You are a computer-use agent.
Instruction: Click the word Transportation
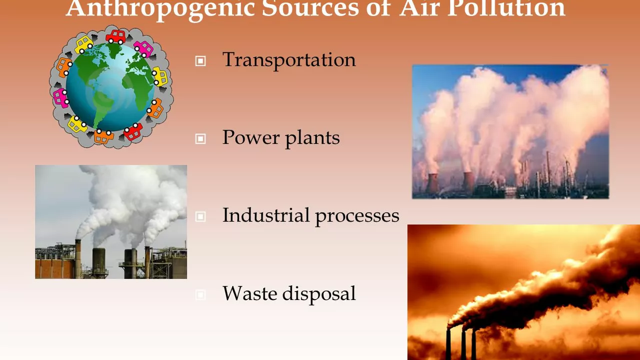(289, 60)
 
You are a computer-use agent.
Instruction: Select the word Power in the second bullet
(251, 137)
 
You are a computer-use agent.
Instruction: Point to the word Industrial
(266, 215)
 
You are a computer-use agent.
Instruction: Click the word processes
(357, 217)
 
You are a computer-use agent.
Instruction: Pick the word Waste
(249, 293)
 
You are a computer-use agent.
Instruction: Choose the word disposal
(319, 294)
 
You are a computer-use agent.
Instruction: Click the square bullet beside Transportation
(200, 61)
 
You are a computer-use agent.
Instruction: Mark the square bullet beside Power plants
(200, 139)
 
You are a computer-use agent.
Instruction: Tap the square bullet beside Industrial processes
(200, 216)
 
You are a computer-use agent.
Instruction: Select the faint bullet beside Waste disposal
(200, 294)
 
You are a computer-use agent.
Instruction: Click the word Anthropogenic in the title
(160, 8)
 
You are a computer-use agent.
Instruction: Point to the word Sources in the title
(310, 8)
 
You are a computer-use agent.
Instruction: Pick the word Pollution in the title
(506, 8)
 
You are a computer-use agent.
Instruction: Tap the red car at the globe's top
(115, 37)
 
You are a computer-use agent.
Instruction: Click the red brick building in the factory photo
(55, 268)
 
